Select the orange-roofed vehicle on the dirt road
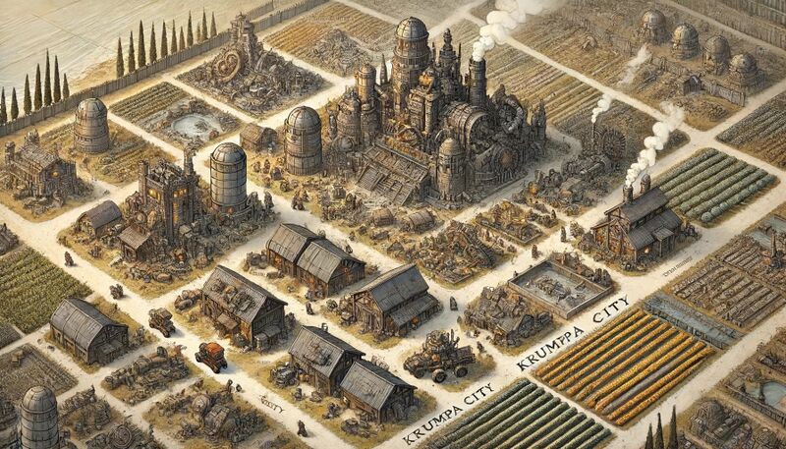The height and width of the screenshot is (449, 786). click(x=209, y=356)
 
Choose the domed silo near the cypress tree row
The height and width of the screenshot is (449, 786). click(x=91, y=125)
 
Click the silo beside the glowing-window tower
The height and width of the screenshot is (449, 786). click(x=228, y=177)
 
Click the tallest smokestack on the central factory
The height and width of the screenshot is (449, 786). click(x=477, y=79)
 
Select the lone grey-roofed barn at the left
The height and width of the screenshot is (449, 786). click(x=88, y=330)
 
